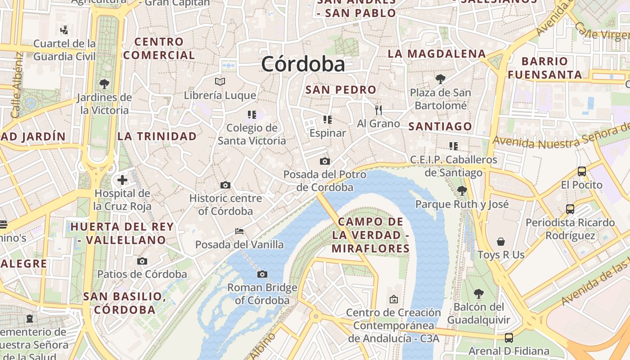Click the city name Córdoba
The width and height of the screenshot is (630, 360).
point(303,64)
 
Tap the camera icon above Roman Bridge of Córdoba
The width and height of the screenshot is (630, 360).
point(262,274)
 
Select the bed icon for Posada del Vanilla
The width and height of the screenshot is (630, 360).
point(239,231)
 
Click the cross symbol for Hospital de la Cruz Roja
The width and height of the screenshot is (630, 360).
point(122,180)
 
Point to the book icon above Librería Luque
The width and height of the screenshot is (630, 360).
point(220,81)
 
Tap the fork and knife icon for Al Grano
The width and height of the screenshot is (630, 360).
point(378,110)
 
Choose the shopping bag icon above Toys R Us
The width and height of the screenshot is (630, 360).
point(501,242)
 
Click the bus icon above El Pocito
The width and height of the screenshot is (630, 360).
point(582,171)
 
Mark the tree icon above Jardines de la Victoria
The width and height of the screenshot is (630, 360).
point(104,84)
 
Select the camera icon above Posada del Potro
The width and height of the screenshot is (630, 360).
point(324,161)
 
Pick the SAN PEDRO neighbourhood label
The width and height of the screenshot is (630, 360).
point(341,90)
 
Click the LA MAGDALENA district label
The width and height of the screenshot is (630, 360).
point(436,54)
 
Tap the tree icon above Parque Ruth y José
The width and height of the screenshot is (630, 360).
point(462,191)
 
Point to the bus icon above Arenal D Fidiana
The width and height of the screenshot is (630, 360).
point(509,337)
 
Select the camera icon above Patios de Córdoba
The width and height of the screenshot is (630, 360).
point(142,261)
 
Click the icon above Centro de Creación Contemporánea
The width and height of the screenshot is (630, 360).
point(394,299)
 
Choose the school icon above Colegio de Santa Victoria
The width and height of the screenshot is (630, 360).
point(252,115)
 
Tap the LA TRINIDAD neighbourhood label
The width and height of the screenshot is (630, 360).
point(157,136)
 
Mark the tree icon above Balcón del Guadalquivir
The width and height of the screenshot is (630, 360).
point(479,294)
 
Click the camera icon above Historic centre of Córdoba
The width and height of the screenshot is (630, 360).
point(225,185)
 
